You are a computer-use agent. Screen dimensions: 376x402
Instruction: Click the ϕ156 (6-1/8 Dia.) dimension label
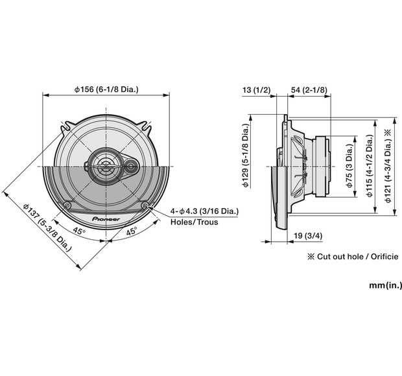pyautogui.click(x=107, y=89)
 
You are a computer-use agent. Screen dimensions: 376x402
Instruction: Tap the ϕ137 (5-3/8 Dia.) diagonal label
pyautogui.click(x=47, y=228)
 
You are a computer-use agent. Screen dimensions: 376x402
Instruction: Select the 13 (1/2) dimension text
pyautogui.click(x=257, y=89)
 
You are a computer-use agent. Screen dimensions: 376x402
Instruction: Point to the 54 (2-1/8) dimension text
pyautogui.click(x=309, y=89)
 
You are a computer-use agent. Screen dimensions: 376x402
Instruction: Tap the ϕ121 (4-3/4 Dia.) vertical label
pyautogui.click(x=387, y=166)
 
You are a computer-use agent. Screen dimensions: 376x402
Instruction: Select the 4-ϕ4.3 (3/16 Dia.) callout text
pyautogui.click(x=205, y=212)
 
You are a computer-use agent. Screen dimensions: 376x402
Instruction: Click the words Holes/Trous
pyautogui.click(x=194, y=222)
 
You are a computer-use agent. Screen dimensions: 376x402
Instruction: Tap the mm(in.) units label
pyautogui.click(x=386, y=285)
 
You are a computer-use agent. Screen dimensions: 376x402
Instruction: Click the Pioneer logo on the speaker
pyautogui.click(x=106, y=219)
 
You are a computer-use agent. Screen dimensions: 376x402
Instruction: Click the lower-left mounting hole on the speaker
pyautogui.click(x=67, y=206)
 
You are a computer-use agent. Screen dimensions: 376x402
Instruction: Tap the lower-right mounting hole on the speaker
pyautogui.click(x=144, y=206)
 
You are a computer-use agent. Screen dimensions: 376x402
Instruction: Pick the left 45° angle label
pyautogui.click(x=78, y=231)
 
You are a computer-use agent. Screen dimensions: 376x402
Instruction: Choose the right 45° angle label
pyautogui.click(x=132, y=231)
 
